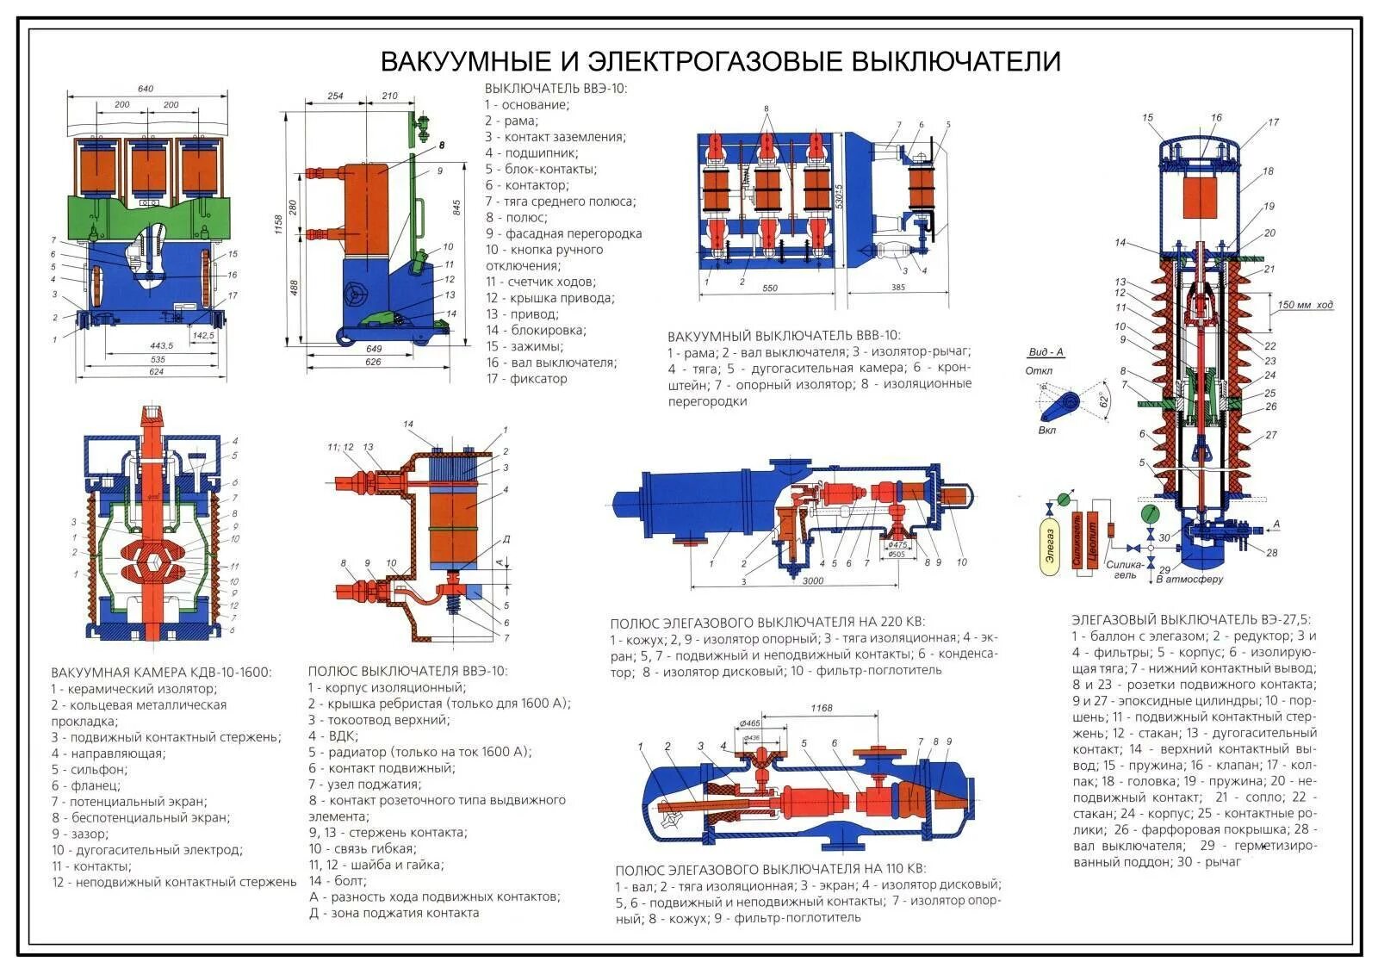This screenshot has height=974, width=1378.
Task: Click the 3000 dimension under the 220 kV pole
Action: pyautogui.click(x=812, y=580)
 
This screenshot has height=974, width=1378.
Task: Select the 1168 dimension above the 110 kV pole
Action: pyautogui.click(x=821, y=709)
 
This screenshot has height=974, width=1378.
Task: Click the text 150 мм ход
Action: pyautogui.click(x=1305, y=305)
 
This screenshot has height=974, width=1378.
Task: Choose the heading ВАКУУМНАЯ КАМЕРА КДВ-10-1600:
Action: pyautogui.click(x=160, y=672)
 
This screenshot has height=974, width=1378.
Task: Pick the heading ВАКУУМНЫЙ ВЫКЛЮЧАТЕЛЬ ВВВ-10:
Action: pyautogui.click(x=783, y=335)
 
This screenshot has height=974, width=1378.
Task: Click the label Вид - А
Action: pyautogui.click(x=1046, y=351)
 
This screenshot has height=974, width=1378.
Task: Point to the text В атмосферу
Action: pyautogui.click(x=1189, y=580)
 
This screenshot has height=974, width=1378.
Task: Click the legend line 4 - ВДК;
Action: pyautogui.click(x=333, y=735)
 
